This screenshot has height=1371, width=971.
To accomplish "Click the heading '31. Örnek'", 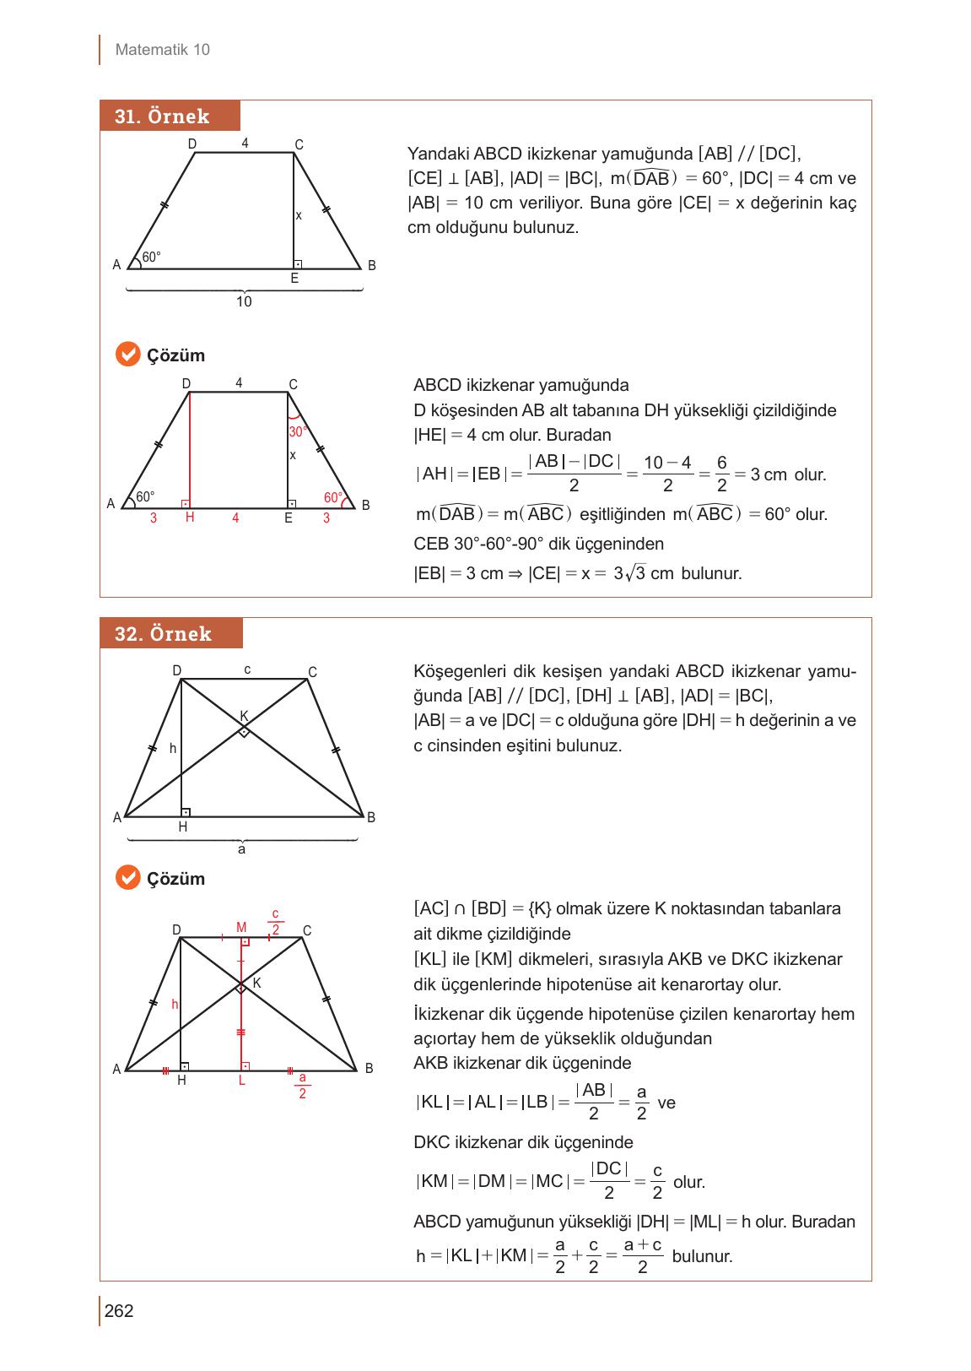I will tap(162, 117).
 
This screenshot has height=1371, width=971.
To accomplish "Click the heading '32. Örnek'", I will tap(163, 634).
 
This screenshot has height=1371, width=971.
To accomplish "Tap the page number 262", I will tap(119, 1311).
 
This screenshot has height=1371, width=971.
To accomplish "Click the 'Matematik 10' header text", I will tap(162, 50).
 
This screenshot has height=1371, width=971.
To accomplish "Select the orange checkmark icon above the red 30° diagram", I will tap(127, 355).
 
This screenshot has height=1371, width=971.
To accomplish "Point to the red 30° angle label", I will tap(297, 431).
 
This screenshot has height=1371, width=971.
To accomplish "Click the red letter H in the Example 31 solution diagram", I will tap(190, 518).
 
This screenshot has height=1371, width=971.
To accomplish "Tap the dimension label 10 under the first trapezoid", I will tap(244, 301).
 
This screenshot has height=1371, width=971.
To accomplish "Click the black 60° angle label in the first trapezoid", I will tap(152, 257).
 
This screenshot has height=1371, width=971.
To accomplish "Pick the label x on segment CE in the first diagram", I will tap(299, 216).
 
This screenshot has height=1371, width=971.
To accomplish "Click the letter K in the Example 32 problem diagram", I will tap(244, 716).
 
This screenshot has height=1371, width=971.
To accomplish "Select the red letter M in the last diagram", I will tap(241, 927).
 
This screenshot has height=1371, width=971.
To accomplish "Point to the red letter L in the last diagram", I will tap(242, 1081).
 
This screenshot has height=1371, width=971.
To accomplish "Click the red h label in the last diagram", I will tap(175, 1005).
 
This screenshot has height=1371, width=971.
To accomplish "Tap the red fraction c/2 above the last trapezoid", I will tap(276, 923).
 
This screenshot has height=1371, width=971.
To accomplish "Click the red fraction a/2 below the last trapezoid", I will tap(302, 1086).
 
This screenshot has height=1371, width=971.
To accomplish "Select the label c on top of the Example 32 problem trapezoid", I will tap(247, 669).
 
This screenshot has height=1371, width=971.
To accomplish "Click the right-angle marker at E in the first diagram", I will tap(298, 264).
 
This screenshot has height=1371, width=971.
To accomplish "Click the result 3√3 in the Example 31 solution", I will tap(629, 573).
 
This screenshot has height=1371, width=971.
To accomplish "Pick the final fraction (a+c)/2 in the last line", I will tap(642, 1255).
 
